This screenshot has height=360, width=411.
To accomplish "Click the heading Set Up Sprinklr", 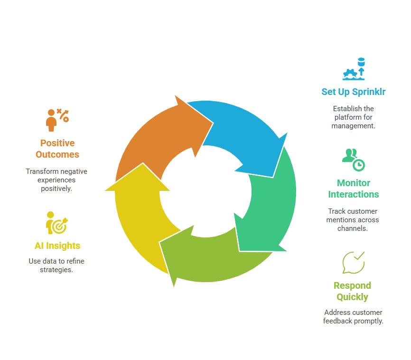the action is (x=353, y=92).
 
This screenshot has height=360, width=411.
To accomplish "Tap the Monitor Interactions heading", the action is (x=353, y=189).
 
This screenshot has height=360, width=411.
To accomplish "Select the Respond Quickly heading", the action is (x=352, y=291).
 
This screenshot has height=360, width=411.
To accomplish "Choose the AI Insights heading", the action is (x=57, y=246).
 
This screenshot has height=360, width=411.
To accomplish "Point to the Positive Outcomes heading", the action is (x=57, y=149).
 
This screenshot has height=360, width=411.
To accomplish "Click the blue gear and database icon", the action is (x=354, y=69).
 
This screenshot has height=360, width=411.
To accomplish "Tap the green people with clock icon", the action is (x=353, y=160).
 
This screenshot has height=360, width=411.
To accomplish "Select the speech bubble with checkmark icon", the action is (x=353, y=263).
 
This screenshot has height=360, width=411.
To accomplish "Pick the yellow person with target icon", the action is (x=57, y=223).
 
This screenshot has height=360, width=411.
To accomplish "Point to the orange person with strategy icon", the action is (x=57, y=120).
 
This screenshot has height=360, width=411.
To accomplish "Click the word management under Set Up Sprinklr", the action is (x=353, y=126).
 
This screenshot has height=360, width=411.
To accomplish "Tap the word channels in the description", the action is (x=353, y=228).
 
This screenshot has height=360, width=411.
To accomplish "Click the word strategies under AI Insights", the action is (x=56, y=270).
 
